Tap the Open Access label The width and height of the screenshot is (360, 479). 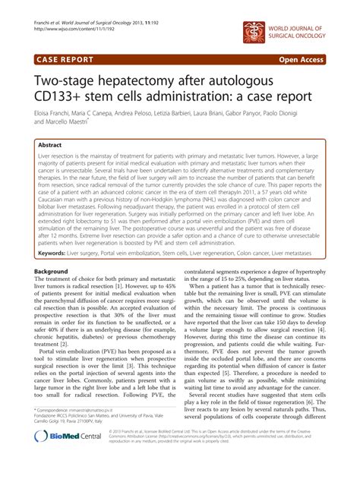point(316,57)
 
